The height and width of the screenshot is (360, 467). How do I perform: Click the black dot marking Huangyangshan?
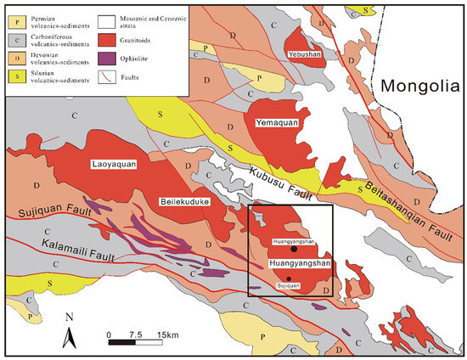293,250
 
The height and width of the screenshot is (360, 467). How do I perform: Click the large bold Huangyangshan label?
298,264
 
